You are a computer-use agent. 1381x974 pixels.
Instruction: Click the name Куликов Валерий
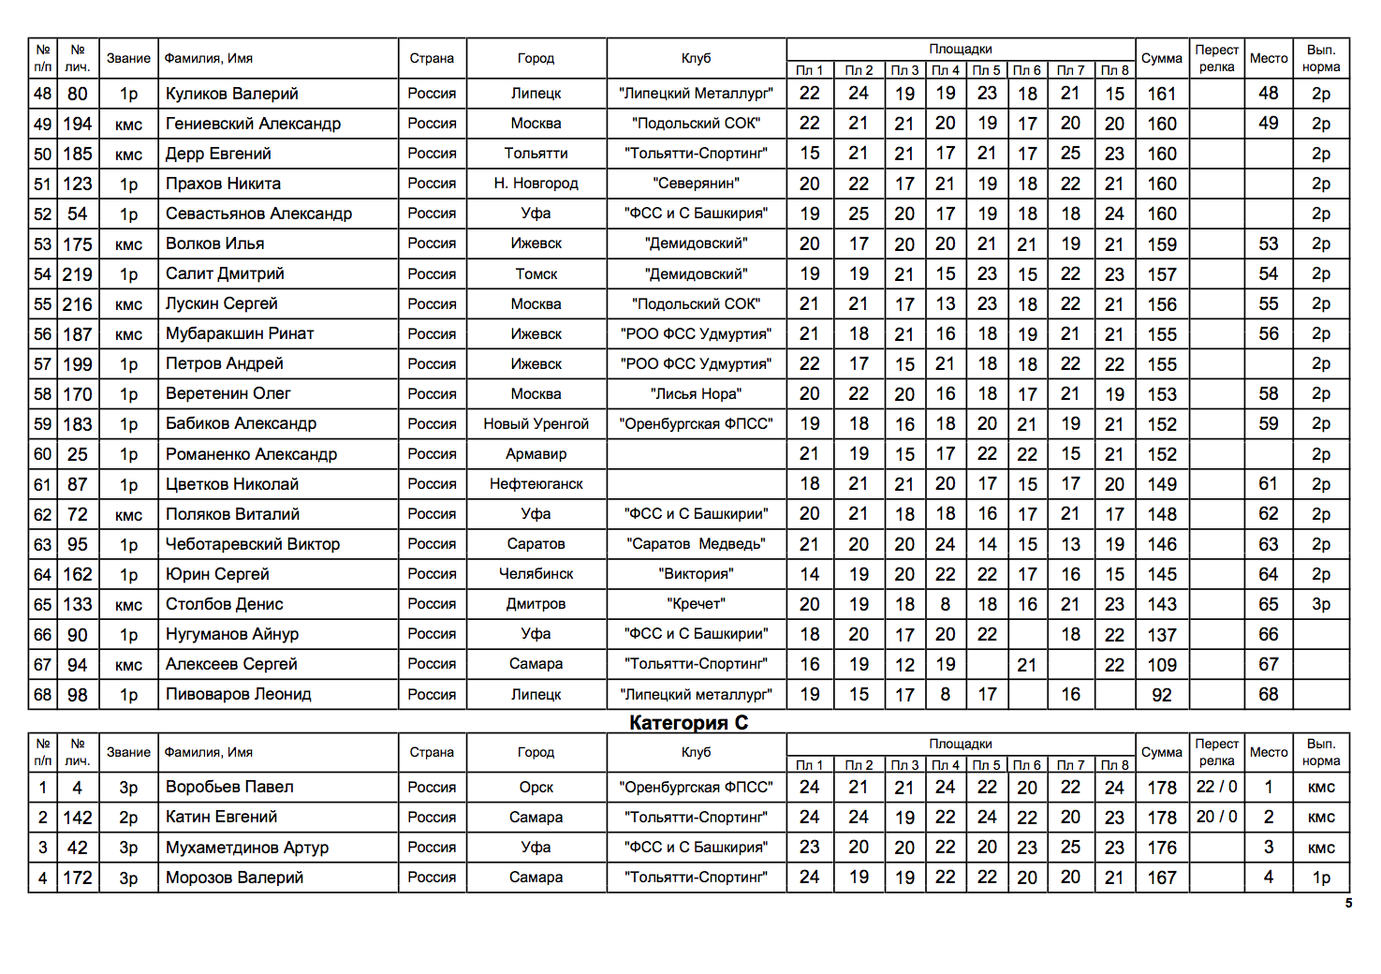coord(232,94)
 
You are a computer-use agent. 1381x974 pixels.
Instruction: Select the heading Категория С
coord(688,722)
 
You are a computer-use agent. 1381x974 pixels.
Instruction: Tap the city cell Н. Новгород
coord(536,184)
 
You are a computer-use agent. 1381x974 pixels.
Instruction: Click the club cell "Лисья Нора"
coord(696,394)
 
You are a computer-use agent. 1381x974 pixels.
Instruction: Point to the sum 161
coord(1161,94)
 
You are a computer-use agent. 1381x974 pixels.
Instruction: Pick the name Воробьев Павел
coord(229,787)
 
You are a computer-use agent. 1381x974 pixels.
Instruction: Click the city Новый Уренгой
coord(536,424)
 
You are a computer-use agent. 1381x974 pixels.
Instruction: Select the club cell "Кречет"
coord(696,604)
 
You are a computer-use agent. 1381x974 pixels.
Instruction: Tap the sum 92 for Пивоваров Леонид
coord(1161,695)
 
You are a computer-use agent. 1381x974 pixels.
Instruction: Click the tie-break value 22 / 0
coord(1216,787)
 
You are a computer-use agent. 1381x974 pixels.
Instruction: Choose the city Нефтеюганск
coord(536,484)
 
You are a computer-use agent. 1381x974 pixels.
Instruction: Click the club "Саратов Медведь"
coord(696,544)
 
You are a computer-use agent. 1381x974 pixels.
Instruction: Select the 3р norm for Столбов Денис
coord(1320,604)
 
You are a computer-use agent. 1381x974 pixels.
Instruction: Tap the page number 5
coord(1348,904)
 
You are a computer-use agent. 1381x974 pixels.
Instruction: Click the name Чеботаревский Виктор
coord(253,544)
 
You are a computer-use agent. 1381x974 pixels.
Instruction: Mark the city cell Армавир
coord(536,454)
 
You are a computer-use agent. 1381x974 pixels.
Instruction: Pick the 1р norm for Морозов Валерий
coord(1320,878)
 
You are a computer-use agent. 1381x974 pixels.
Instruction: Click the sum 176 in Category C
coord(1161,848)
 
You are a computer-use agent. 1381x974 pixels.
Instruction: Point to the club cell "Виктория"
coord(696,574)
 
